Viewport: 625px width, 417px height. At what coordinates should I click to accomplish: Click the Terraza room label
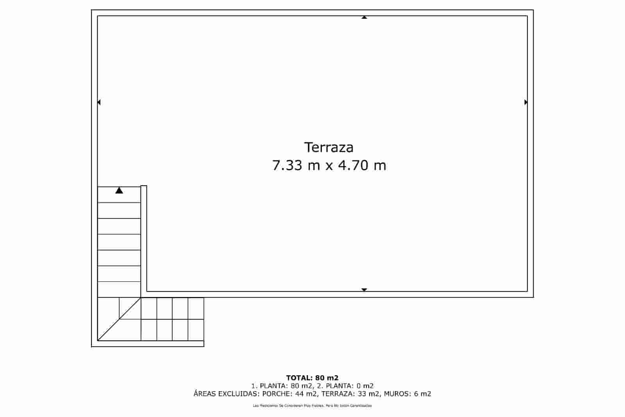click(329, 147)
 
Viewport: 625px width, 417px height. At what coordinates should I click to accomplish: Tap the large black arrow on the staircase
click(119, 191)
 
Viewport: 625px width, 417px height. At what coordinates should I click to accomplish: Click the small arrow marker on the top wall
click(364, 17)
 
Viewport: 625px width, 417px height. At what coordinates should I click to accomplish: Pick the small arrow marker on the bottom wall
click(364, 290)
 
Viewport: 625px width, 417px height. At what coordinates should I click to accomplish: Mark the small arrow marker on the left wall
click(99, 102)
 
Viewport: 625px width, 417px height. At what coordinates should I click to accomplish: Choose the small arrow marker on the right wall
click(526, 102)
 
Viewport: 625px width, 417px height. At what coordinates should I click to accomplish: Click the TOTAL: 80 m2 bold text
click(312, 378)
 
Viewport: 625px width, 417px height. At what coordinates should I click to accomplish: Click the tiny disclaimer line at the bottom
click(312, 406)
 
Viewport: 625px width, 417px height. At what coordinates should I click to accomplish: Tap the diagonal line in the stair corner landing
click(119, 319)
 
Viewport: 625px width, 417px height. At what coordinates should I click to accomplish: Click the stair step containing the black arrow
click(119, 195)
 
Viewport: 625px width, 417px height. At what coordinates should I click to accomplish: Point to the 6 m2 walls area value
click(423, 394)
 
